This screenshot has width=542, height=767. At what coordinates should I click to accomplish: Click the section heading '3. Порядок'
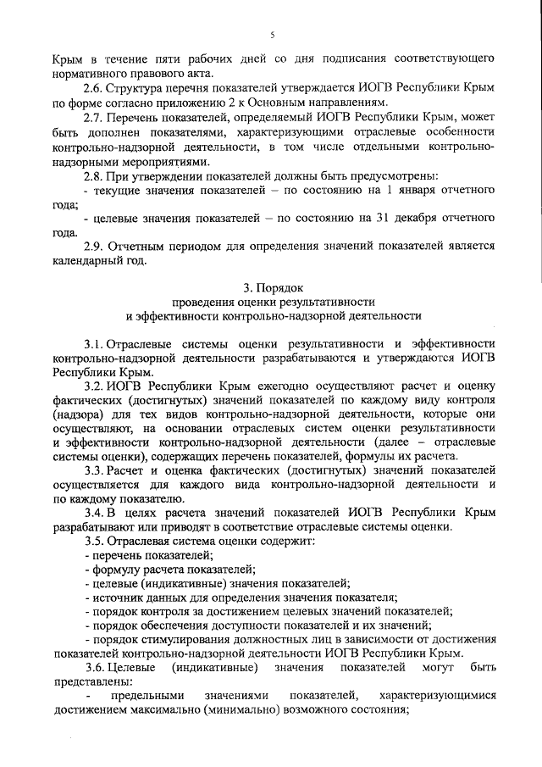click(273, 286)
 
